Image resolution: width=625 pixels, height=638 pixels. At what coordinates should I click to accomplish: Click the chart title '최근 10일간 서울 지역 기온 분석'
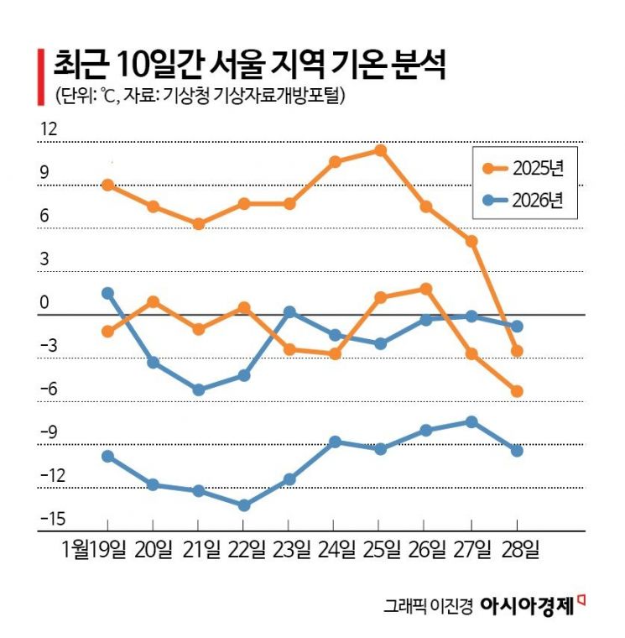[x=250, y=62]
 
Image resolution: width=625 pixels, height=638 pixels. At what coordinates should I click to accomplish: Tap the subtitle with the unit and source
[x=200, y=96]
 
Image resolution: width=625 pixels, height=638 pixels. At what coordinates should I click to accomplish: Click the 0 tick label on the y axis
[x=44, y=303]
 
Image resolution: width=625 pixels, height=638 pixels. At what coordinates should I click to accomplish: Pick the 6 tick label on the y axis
[x=44, y=217]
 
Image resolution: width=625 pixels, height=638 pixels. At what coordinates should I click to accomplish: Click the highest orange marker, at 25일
[x=380, y=150]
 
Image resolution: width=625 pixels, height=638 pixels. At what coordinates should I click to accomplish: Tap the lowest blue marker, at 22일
[x=243, y=505]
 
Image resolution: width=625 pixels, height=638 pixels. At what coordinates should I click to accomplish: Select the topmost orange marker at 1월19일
[x=107, y=185]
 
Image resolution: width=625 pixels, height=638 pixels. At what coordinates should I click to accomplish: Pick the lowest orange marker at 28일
[x=518, y=391]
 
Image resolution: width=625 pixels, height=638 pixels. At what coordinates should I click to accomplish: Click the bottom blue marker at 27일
[x=471, y=421]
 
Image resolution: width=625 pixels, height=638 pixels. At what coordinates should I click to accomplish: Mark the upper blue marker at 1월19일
[x=107, y=293]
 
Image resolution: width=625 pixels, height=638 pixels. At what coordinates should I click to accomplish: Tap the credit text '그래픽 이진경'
[x=428, y=605]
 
